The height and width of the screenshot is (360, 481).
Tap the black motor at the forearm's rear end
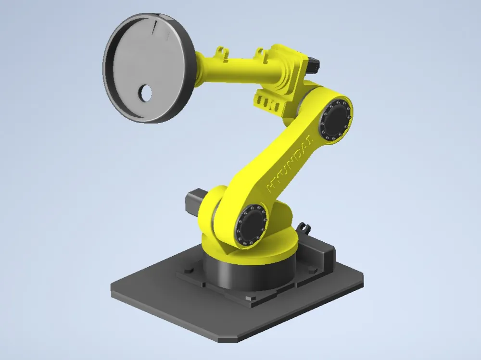pyautogui.click(x=312, y=64)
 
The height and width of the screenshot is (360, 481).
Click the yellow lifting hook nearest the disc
pyautogui.click(x=221, y=52)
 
